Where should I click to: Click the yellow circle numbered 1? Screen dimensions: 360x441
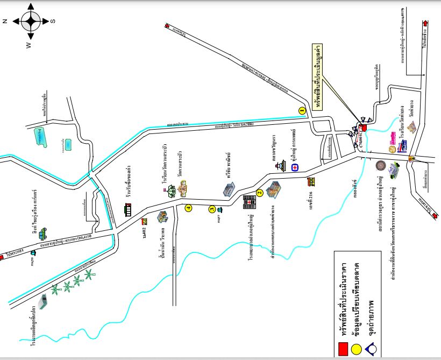[x=302, y=110]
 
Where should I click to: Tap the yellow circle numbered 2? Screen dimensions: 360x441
[x=260, y=193]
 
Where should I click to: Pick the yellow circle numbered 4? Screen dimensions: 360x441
[x=188, y=208]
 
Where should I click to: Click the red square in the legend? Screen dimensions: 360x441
[x=342, y=349]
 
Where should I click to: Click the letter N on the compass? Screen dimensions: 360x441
[x=4, y=22]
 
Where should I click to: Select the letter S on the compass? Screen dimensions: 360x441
[x=52, y=22]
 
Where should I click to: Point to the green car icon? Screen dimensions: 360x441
[x=43, y=232]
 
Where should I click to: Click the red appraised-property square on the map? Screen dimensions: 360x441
[x=363, y=128]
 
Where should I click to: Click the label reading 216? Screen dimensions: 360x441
[x=310, y=193]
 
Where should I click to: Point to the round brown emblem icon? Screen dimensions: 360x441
[x=380, y=165]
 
